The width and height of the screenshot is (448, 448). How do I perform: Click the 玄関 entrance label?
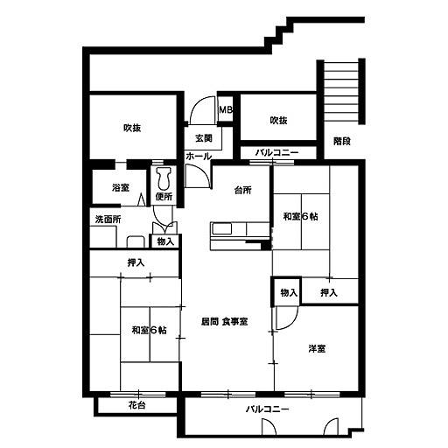(x=204, y=138)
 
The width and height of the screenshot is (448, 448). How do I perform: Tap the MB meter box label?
(x=226, y=110)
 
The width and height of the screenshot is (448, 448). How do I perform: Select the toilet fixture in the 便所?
(x=164, y=178)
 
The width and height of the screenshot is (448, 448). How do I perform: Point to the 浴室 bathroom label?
(x=121, y=187)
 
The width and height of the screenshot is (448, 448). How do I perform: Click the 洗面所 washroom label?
(x=108, y=220)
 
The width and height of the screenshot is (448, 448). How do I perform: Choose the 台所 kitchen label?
(x=243, y=190)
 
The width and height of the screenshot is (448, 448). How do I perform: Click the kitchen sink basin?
(x=221, y=228)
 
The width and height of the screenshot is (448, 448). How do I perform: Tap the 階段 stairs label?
(x=342, y=142)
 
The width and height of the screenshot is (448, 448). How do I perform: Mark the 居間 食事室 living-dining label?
(x=225, y=321)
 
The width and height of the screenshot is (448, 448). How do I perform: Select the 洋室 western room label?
(x=317, y=348)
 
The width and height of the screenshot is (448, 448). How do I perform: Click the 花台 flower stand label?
(x=137, y=405)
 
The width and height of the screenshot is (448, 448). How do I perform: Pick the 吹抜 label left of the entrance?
(x=132, y=128)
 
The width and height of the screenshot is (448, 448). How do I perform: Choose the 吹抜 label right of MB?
(x=278, y=120)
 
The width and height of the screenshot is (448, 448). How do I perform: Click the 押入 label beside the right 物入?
(x=329, y=292)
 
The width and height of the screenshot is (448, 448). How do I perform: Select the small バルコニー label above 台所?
(x=277, y=152)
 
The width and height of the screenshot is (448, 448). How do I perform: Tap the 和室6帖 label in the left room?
(x=149, y=330)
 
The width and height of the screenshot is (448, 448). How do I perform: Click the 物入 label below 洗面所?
(x=165, y=241)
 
